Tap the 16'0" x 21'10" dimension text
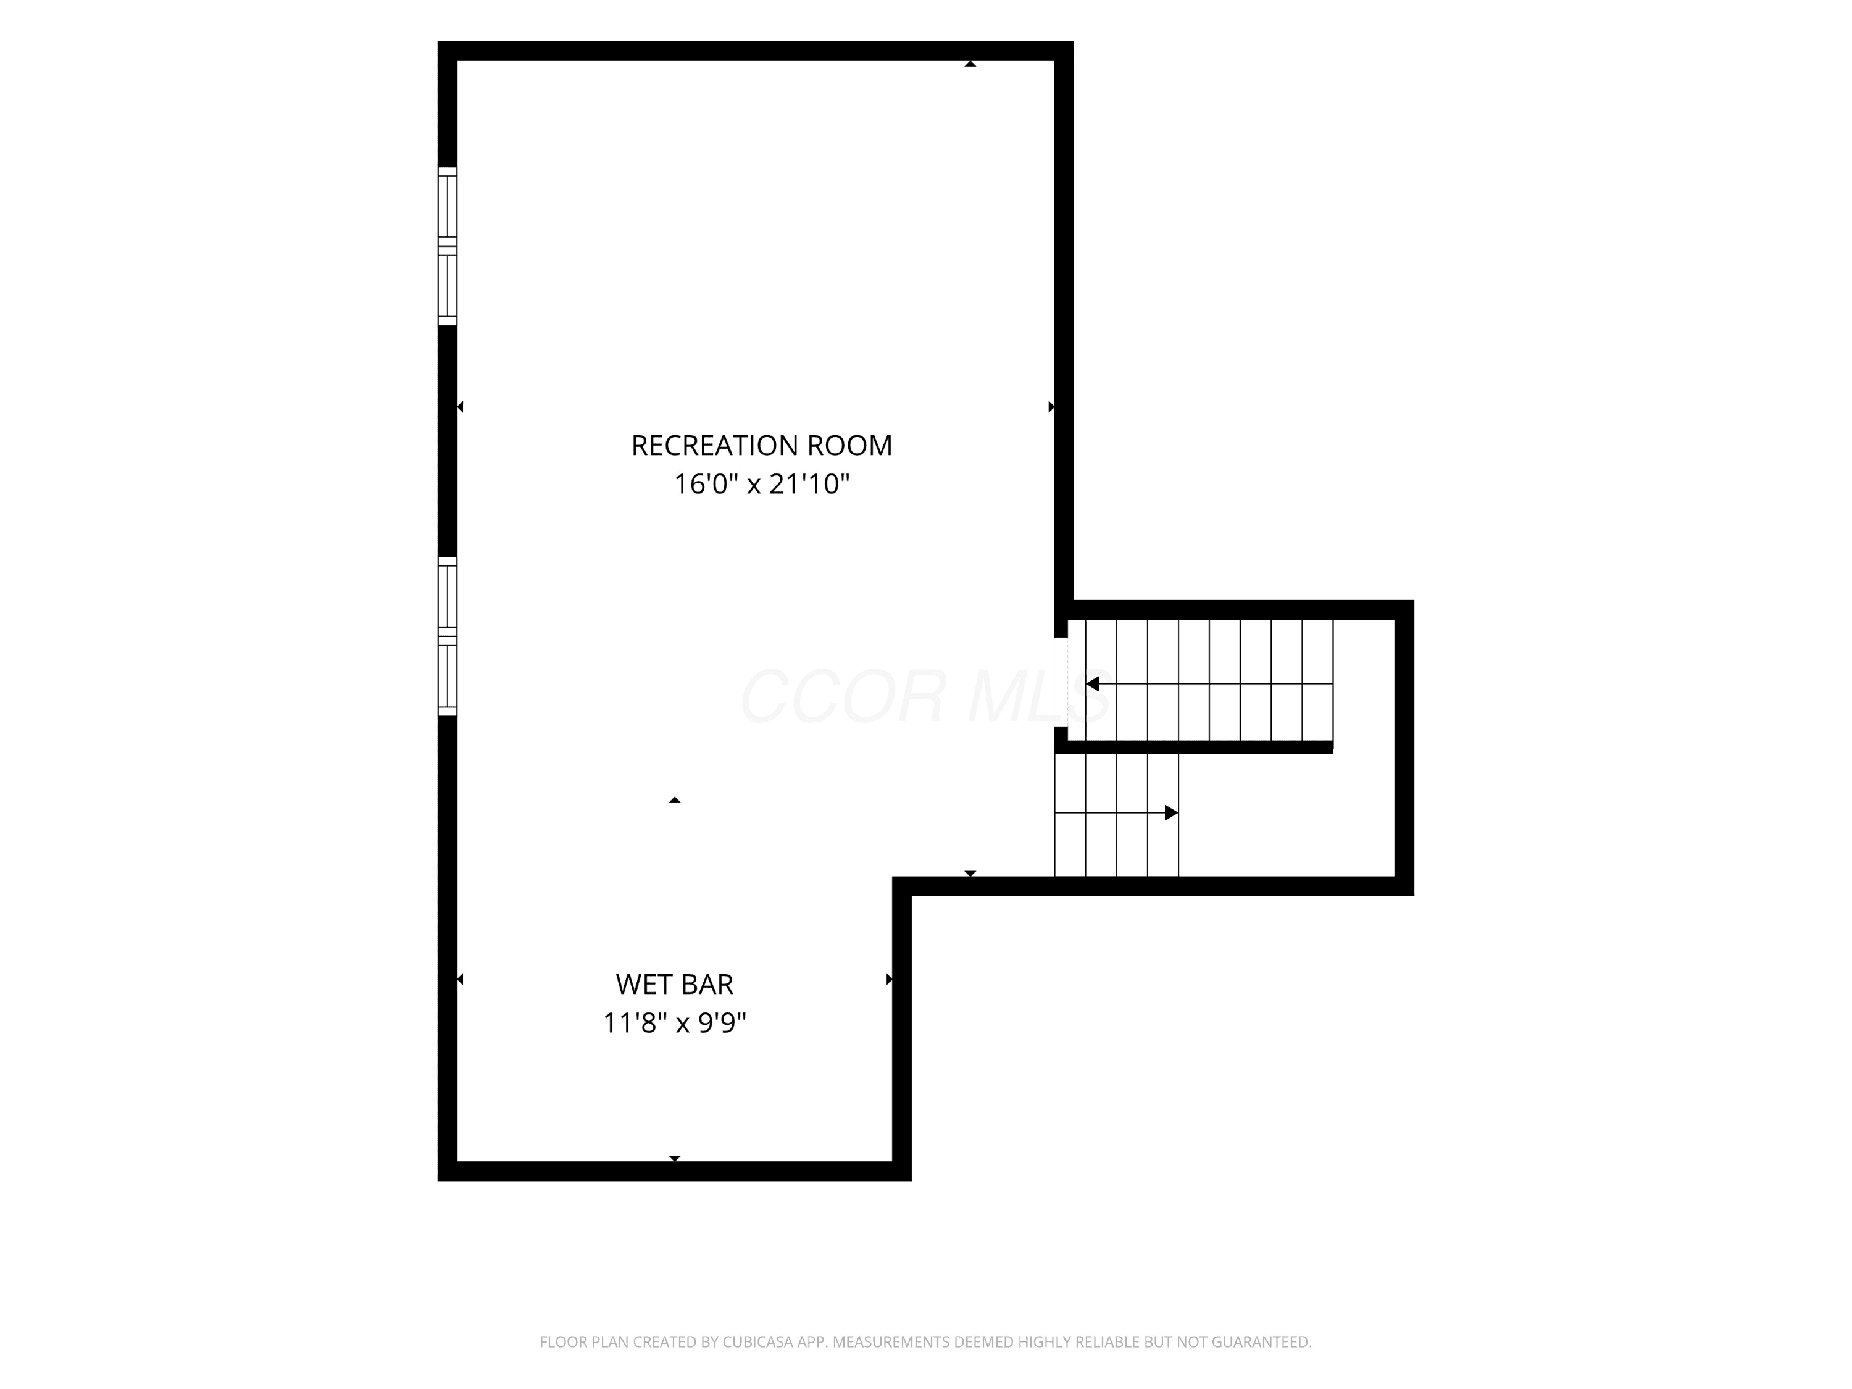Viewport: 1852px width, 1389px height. point(762,484)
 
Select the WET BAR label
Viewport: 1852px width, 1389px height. point(675,985)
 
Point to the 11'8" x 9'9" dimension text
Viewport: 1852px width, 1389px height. point(675,1023)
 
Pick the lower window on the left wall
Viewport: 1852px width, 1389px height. point(448,636)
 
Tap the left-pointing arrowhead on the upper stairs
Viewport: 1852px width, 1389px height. point(1092,684)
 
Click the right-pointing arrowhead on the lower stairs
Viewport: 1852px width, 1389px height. point(1171,813)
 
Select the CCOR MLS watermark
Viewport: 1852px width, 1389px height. point(926,696)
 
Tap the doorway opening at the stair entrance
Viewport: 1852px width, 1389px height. point(1061,682)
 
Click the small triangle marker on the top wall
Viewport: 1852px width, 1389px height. point(970,64)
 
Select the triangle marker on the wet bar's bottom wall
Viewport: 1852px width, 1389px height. point(675,1159)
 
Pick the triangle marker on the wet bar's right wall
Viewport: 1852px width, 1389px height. point(889,980)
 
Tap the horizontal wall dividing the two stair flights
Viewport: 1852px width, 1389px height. point(1194,748)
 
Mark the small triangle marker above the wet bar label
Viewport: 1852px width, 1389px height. point(675,801)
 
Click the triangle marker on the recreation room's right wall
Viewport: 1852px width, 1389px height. point(1051,407)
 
